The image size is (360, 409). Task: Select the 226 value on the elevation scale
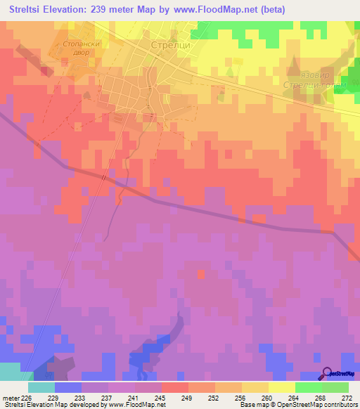(x=28, y=397)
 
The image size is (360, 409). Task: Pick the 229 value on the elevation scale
(x=55, y=397)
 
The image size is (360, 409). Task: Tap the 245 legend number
(x=161, y=397)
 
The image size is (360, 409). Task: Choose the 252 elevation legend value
(x=214, y=397)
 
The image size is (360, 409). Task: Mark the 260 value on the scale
(x=268, y=397)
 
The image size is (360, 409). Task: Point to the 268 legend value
(x=321, y=397)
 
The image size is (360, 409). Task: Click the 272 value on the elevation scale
(x=347, y=397)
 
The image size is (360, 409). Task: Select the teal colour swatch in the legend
(x=41, y=387)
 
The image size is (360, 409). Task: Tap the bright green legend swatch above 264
(x=308, y=387)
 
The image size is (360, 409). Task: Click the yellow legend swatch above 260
(x=255, y=387)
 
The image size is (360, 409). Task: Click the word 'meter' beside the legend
(x=11, y=397)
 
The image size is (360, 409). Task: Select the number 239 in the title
(x=115, y=10)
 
